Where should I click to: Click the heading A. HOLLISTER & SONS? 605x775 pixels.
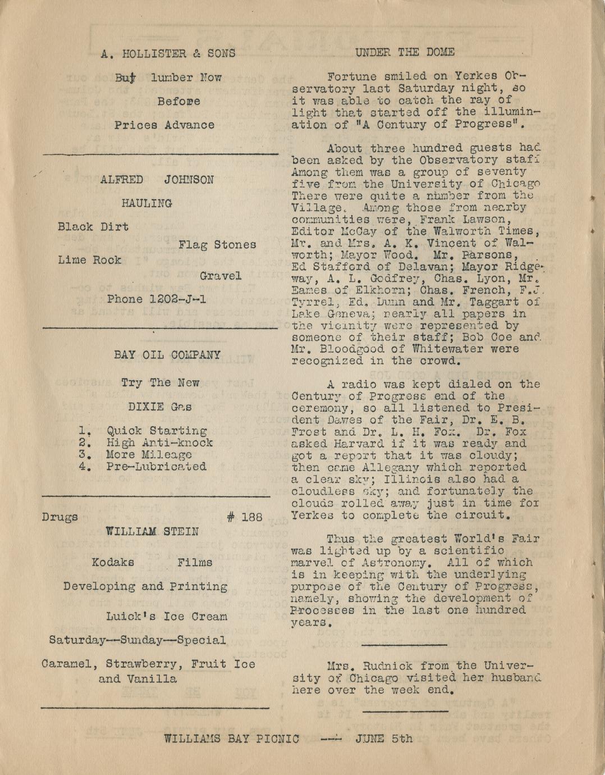[x=168, y=54]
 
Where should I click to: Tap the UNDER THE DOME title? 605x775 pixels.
[x=405, y=53]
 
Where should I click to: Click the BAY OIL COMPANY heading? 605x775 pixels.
[x=167, y=355]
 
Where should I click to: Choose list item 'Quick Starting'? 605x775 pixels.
[x=157, y=431]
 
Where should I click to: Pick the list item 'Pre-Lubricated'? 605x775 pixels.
[x=157, y=467]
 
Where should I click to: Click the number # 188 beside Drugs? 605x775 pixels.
[x=245, y=517]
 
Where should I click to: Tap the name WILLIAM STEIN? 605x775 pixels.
[x=152, y=531]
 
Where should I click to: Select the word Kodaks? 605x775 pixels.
[x=113, y=562]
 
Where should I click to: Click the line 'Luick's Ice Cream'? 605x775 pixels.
[x=167, y=617]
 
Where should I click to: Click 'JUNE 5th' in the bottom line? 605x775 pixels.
[x=384, y=738]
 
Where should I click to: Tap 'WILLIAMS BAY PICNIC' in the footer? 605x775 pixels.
[x=231, y=739]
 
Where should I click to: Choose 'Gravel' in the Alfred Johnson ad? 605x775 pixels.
[x=221, y=276]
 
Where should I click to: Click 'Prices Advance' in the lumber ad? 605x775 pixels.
[x=164, y=125]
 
